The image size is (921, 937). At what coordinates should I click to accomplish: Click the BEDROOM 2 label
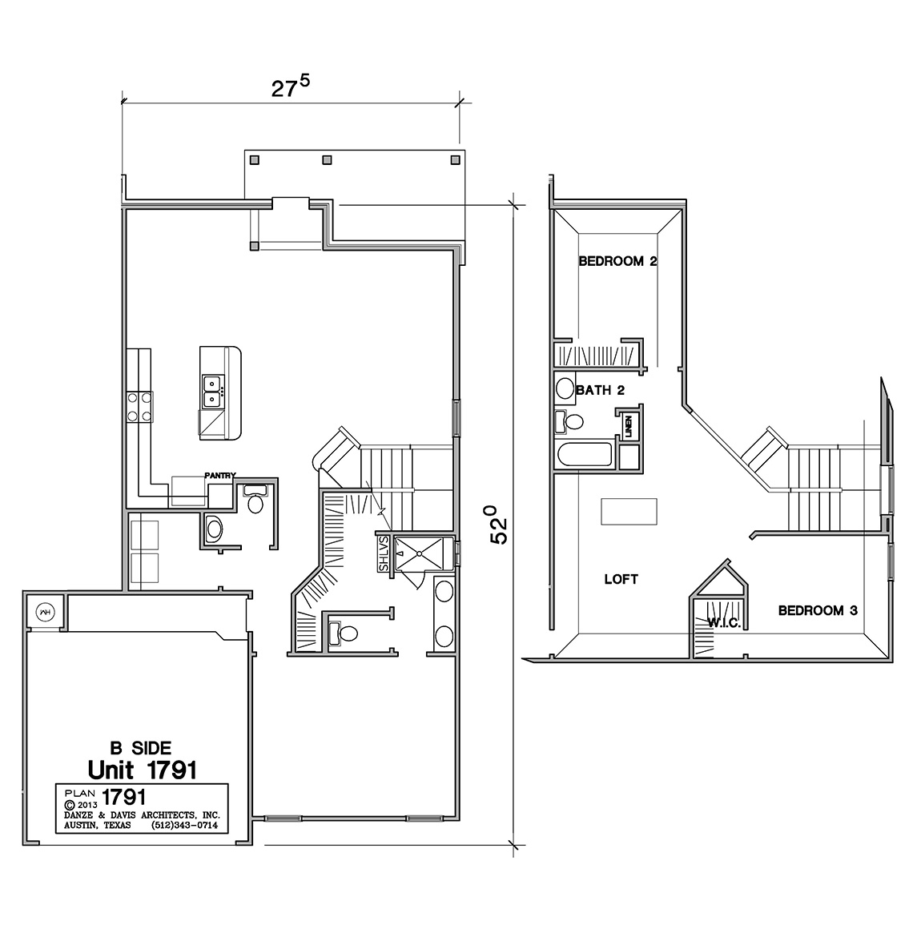pyautogui.click(x=617, y=261)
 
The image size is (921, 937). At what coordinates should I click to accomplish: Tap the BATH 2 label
pyautogui.click(x=599, y=391)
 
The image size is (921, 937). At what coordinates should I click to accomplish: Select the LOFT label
pyautogui.click(x=621, y=579)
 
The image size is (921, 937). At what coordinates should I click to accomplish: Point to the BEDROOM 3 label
pyautogui.click(x=818, y=610)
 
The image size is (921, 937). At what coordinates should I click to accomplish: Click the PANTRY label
pyautogui.click(x=219, y=475)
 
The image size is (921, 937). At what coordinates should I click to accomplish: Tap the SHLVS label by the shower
pyautogui.click(x=384, y=553)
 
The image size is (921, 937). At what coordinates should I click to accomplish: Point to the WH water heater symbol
pyautogui.click(x=44, y=612)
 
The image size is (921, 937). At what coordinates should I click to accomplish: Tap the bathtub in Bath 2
pyautogui.click(x=584, y=454)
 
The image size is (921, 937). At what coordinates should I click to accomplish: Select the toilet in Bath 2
pyautogui.click(x=570, y=421)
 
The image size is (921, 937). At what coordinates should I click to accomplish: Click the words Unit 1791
pyautogui.click(x=142, y=770)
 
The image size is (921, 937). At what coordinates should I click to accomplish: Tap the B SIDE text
pyautogui.click(x=140, y=748)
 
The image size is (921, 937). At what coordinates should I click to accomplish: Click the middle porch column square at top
pyautogui.click(x=327, y=159)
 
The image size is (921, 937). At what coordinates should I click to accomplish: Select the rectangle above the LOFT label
pyautogui.click(x=629, y=511)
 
